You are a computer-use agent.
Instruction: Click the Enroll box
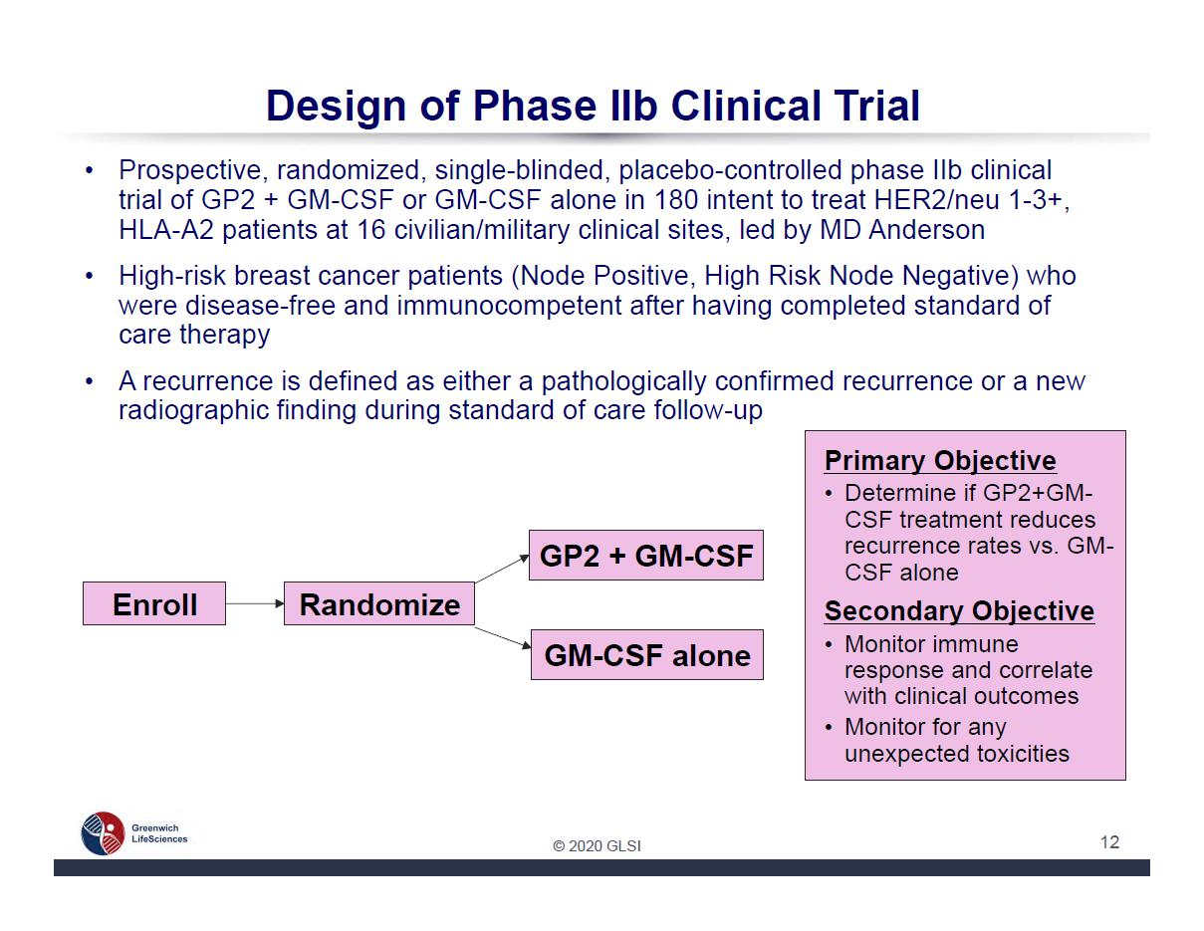click(x=154, y=603)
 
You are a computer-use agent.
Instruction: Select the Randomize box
click(x=379, y=603)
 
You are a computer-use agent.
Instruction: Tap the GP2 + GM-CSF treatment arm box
click(x=646, y=555)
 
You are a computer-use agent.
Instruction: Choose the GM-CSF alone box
click(x=647, y=654)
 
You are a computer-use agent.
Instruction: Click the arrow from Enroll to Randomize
click(x=255, y=603)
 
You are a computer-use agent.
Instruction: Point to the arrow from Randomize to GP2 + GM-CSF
click(x=502, y=569)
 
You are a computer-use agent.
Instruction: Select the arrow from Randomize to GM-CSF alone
click(x=503, y=637)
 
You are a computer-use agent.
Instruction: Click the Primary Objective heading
click(x=940, y=461)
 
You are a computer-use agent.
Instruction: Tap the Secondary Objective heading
click(x=959, y=611)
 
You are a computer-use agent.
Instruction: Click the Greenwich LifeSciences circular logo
click(x=103, y=833)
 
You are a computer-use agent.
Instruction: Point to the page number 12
click(x=1109, y=841)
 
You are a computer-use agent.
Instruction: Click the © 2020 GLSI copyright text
click(x=597, y=845)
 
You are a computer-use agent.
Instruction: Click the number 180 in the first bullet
click(x=676, y=199)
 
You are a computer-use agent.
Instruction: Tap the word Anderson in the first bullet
click(x=926, y=229)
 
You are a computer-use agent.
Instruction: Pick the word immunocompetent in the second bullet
click(x=509, y=306)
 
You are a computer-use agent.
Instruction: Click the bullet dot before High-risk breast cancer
click(x=90, y=275)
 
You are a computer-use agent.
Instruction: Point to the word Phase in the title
click(x=535, y=106)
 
